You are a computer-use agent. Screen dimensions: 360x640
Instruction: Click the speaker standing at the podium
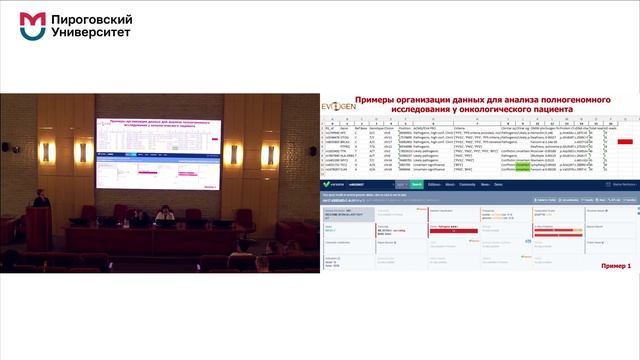coord(39,189)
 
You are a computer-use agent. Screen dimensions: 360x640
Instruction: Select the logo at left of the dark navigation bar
coord(327,185)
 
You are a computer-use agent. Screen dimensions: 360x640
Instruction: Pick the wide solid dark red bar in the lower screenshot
coord(462,227)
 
